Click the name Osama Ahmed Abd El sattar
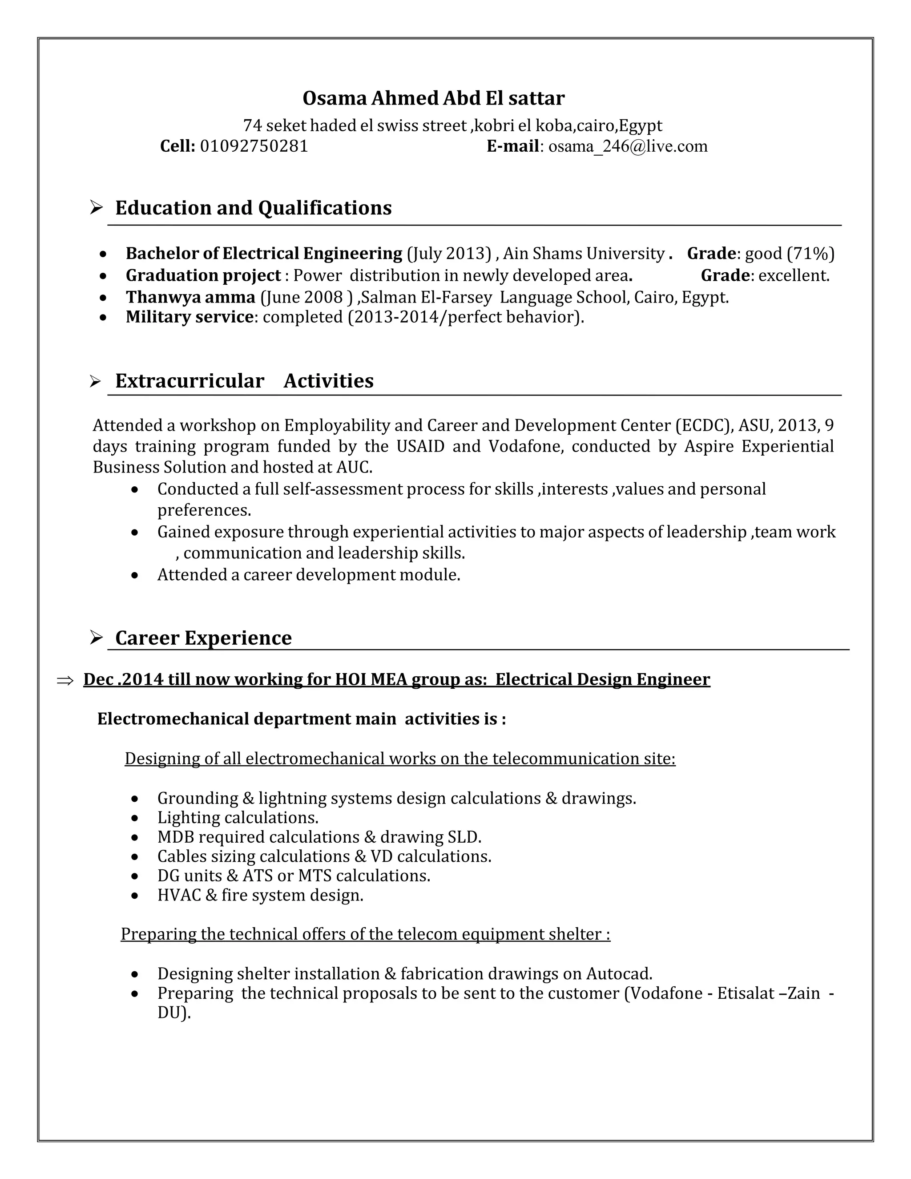[433, 98]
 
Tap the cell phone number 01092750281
[254, 146]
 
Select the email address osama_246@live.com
[628, 146]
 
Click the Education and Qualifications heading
[253, 208]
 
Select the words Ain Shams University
[584, 254]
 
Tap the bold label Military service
[189, 317]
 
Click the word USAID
[420, 446]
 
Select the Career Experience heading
[203, 638]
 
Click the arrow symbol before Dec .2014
[65, 681]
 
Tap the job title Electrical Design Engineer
[602, 679]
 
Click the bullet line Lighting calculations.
[238, 818]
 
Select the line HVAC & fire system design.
[260, 896]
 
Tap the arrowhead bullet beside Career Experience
[96, 638]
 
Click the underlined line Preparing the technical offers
[365, 934]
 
